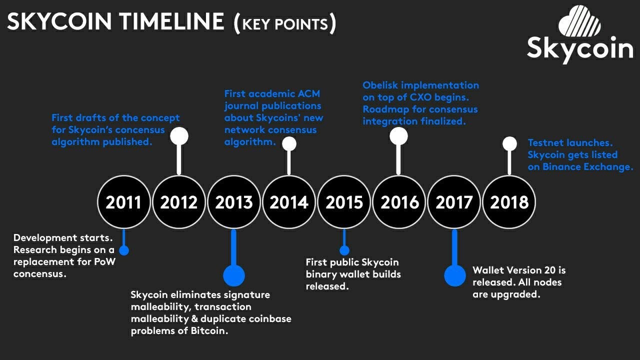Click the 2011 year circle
pyautogui.click(x=123, y=202)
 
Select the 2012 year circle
pyautogui.click(x=178, y=202)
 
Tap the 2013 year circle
pyautogui.click(x=233, y=202)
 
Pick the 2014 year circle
pyautogui.click(x=288, y=202)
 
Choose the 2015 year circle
pyautogui.click(x=344, y=202)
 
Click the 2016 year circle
pyautogui.click(x=399, y=202)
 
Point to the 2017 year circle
pyautogui.click(x=454, y=202)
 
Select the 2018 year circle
pyautogui.click(x=509, y=202)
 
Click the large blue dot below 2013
pyautogui.click(x=233, y=275)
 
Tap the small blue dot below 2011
pyautogui.click(x=123, y=250)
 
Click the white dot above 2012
pyautogui.click(x=179, y=136)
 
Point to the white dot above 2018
pyautogui.click(x=509, y=144)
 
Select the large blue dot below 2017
pyautogui.click(x=454, y=275)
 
